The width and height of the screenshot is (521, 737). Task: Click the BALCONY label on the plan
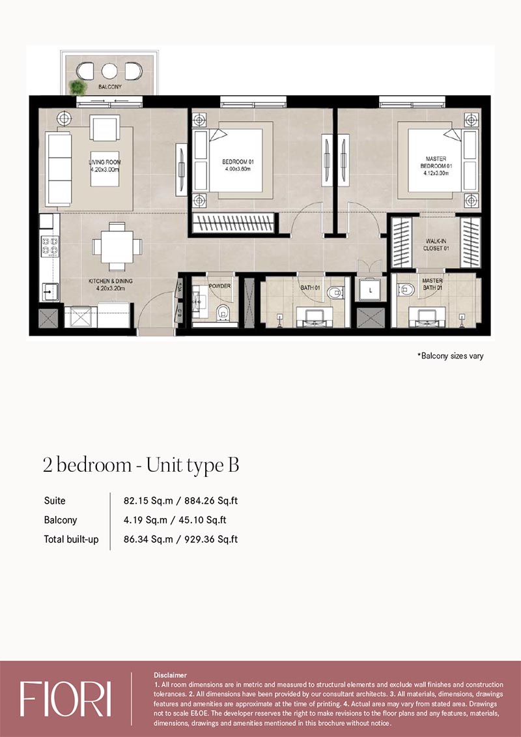pos(110,87)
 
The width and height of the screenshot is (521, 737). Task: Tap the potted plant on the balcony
pos(77,87)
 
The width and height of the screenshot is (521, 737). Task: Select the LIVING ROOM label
pos(104,166)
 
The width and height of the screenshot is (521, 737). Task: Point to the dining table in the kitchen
pos(117,246)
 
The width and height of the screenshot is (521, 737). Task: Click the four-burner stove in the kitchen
pos(49,246)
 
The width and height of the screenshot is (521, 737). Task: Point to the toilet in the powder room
pos(223,312)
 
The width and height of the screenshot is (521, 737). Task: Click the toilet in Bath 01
pos(335,293)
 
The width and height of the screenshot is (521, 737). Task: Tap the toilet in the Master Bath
pos(406,289)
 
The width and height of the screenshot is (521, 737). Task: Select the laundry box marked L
pos(371,291)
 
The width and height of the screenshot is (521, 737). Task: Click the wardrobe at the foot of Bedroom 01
pos(234,222)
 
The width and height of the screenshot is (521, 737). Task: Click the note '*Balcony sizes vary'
pos(450,356)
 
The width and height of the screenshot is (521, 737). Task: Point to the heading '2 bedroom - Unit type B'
pos(141,465)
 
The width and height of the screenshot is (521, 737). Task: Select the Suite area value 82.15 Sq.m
pos(147,500)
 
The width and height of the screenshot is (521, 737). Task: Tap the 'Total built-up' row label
pos(72,540)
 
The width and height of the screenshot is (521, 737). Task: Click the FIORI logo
pos(66,699)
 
